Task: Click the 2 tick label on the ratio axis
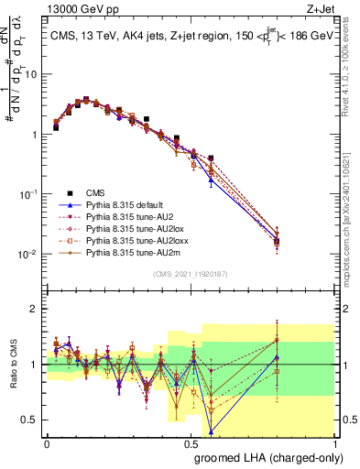36,309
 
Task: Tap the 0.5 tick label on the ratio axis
31,420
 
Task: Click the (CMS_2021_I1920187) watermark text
191,274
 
